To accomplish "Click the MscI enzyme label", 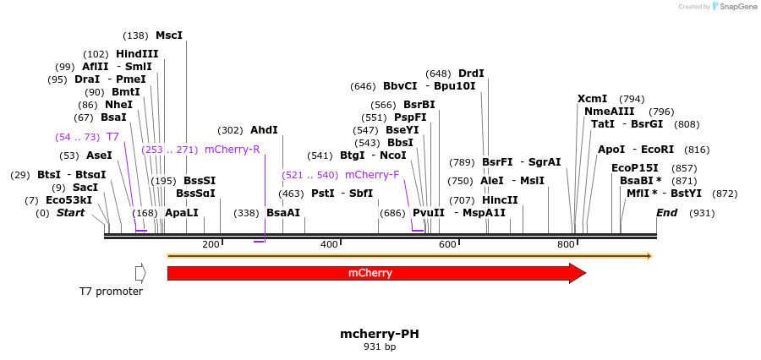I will [168, 35].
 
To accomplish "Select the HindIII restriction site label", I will [137, 54].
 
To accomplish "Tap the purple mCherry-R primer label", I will [232, 150].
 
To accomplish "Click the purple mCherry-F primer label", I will [372, 175].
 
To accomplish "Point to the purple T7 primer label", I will [112, 136].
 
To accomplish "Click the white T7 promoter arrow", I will [140, 273].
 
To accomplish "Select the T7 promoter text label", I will [111, 292].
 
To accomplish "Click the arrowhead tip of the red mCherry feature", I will [584, 273].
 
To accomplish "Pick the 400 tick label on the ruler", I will [329, 244].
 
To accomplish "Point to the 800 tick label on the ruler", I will [566, 244].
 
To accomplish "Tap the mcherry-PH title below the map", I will [379, 334].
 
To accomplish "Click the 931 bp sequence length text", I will [379, 347].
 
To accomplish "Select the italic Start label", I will [70, 213].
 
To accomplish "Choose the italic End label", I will [667, 213].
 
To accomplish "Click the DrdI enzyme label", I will [471, 74].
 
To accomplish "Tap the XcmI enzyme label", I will [593, 99].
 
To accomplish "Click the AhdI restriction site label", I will [264, 130].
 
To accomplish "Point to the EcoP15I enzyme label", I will [634, 168].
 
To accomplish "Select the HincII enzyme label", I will [500, 200].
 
